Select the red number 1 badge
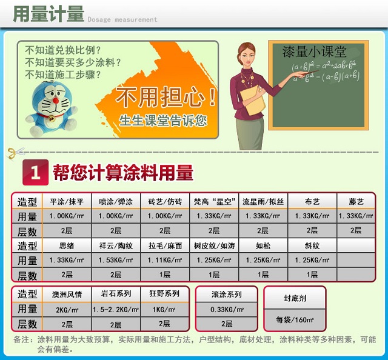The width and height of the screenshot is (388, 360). click(x=35, y=173)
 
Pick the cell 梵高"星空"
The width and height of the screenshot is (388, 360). click(x=214, y=201)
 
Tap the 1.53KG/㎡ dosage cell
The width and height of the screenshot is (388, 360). click(x=115, y=261)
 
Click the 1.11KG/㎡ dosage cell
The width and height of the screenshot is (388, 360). click(x=165, y=261)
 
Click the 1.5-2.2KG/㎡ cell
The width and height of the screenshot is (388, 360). click(x=115, y=309)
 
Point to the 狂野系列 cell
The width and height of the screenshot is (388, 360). click(x=165, y=294)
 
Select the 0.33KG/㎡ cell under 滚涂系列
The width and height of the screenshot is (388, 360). click(x=227, y=309)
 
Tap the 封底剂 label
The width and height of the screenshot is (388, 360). click(x=295, y=298)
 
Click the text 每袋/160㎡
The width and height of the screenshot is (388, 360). click(x=295, y=319)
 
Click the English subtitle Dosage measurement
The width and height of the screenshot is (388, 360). click(x=122, y=19)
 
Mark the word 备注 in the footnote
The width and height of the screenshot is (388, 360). click(x=21, y=340)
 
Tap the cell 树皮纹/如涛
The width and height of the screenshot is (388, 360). click(x=214, y=246)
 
